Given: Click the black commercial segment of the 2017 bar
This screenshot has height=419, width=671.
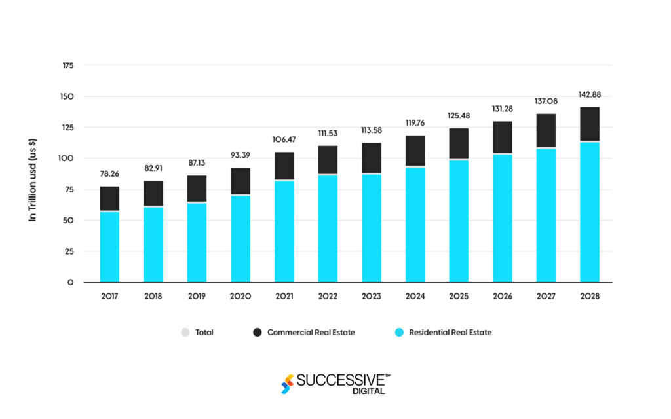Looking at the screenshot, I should [109, 198].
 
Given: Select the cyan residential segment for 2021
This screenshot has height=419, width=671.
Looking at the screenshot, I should [284, 231].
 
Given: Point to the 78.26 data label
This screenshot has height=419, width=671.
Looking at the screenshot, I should [109, 174].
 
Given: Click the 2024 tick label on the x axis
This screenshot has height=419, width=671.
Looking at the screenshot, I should [415, 296].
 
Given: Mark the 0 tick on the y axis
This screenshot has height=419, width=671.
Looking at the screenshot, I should [69, 283].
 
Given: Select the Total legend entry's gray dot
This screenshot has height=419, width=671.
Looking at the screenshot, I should [185, 333].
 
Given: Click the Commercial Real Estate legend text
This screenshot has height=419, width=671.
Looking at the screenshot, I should [311, 333].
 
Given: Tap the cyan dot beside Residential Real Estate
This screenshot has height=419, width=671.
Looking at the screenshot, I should [398, 333].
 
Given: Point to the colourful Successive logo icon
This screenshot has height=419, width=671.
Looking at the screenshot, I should [287, 384].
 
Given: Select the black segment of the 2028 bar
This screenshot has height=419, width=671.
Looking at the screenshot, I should [589, 124].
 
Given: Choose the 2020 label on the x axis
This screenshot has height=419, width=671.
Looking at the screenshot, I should [240, 296].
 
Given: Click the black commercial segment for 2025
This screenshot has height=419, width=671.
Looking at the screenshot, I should [458, 143].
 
